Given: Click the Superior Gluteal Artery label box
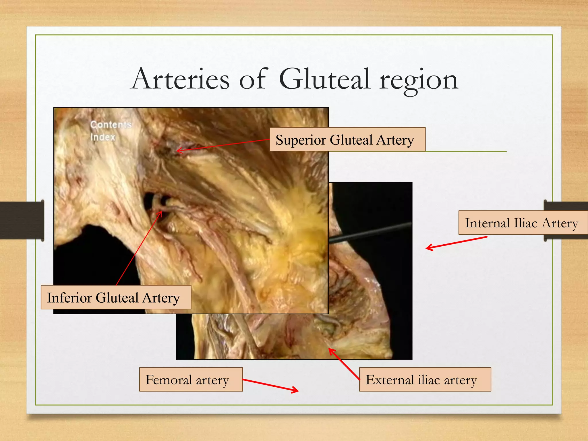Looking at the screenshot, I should [x=347, y=140].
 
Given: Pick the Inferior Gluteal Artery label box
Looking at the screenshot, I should [x=116, y=297].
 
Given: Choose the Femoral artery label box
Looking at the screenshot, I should [x=191, y=380].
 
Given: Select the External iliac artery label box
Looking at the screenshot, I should [x=425, y=380].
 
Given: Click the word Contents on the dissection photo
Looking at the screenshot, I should [x=111, y=125].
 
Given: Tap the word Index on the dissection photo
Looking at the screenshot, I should [x=103, y=137].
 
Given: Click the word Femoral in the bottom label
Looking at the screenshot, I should [x=169, y=380].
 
